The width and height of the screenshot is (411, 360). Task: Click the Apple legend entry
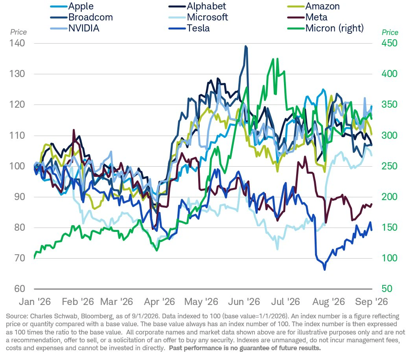coord(72,6)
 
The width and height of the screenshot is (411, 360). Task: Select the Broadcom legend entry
coord(81,17)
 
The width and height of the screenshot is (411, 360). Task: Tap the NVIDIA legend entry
coord(75,28)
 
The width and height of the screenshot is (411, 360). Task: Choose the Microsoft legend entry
coord(199,17)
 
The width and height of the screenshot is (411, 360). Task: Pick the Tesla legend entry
coord(189,28)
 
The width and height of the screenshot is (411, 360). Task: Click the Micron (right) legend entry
coord(326,28)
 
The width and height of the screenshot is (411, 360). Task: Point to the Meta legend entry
coord(307,17)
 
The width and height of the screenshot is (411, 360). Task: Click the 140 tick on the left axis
coord(17,43)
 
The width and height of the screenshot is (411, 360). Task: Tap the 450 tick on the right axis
coord(389,43)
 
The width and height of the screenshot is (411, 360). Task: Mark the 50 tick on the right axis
coord(387,289)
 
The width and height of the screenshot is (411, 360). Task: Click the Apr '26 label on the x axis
coord(159,302)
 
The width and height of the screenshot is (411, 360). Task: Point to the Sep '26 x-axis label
coord(371,302)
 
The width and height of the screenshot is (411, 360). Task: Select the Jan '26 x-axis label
coord(35,302)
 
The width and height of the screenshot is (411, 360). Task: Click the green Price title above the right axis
coord(390,33)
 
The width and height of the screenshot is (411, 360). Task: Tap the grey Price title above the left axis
coord(18,32)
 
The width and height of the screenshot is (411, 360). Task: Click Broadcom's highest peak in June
coord(245,46)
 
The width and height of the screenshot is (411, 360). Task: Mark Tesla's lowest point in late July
coord(325,269)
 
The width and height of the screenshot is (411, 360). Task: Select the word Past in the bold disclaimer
coord(175,348)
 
